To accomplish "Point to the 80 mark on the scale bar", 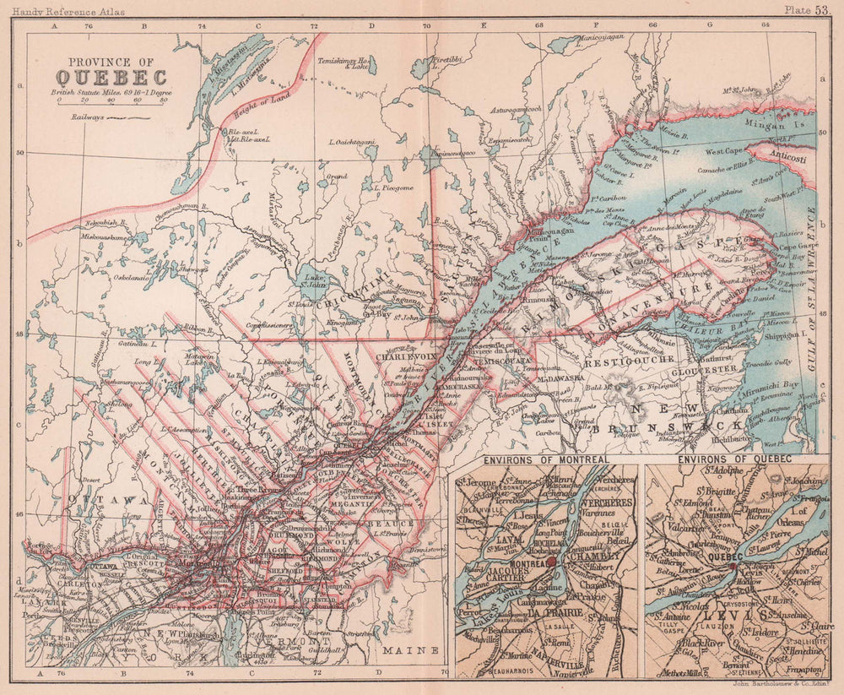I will point(163,99).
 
